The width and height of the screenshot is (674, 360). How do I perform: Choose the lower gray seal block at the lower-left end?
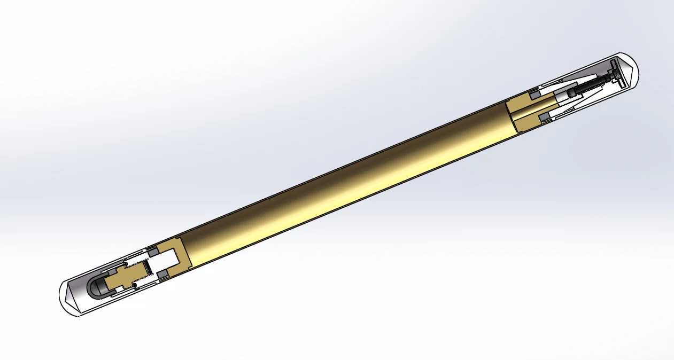pos(163,274)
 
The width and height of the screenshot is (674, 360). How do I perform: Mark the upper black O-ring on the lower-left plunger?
pos(126,264)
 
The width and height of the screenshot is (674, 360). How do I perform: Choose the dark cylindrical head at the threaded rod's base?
pos(572,94)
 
